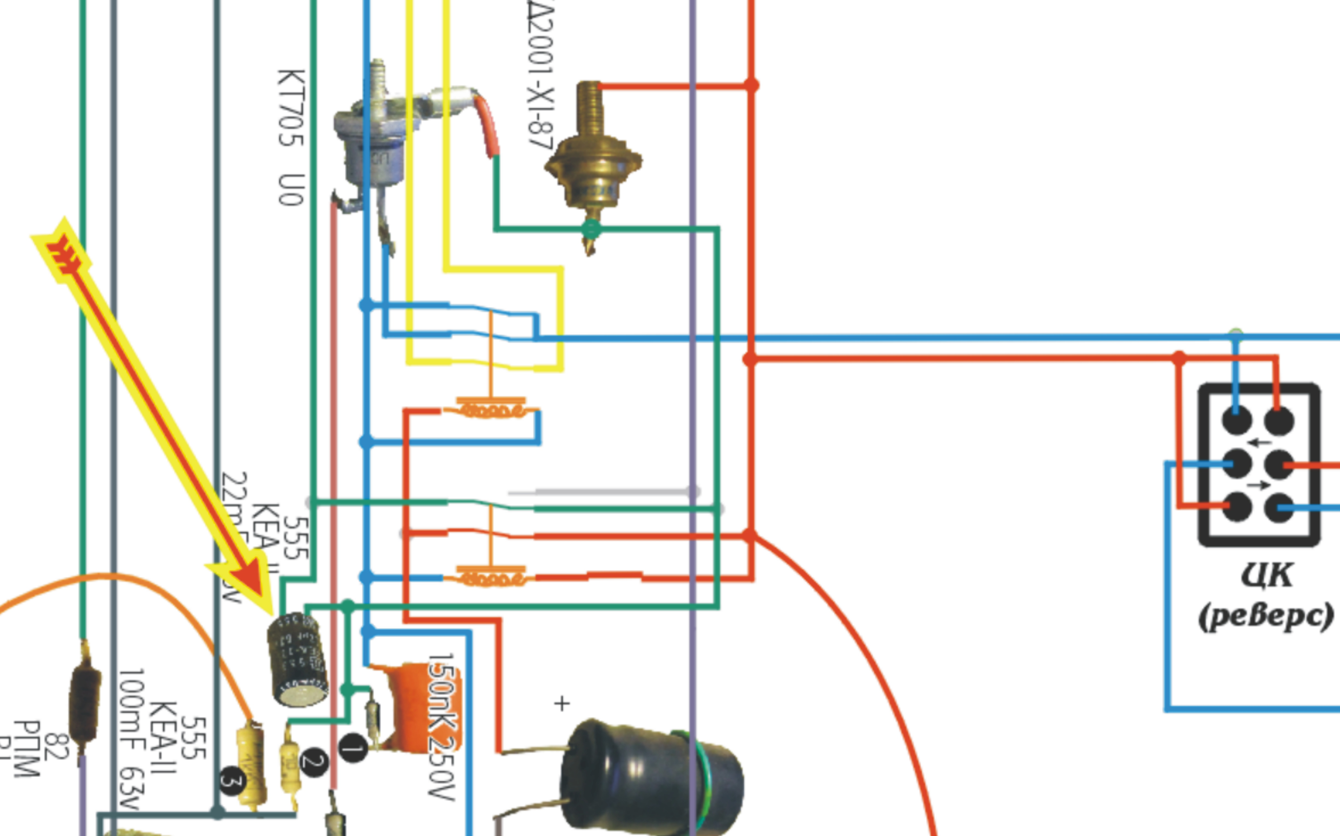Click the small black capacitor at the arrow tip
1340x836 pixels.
(x=297, y=658)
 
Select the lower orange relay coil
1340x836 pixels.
(x=491, y=578)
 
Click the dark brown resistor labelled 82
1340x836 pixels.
(x=85, y=702)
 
